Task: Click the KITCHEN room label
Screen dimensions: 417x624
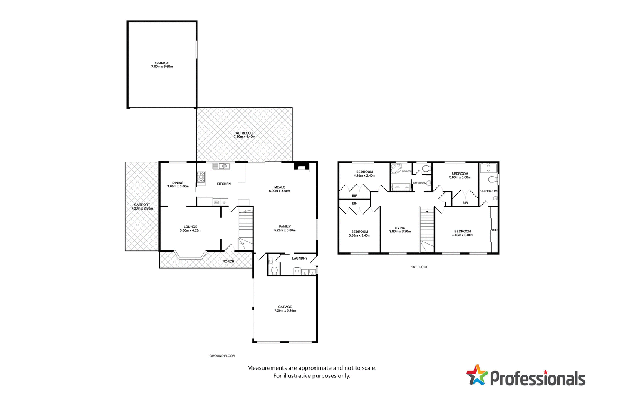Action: [223, 184]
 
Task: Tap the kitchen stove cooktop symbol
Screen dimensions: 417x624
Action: [201, 178]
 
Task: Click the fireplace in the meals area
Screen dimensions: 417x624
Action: [302, 167]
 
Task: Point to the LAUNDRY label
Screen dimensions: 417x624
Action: [300, 258]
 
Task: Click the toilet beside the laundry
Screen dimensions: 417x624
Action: [274, 270]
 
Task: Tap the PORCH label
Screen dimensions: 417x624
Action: [228, 262]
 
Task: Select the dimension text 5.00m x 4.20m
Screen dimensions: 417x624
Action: [191, 230]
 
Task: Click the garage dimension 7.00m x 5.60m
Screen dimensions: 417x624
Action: [162, 67]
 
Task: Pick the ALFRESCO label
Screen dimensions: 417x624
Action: [244, 133]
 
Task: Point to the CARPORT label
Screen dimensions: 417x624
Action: [142, 205]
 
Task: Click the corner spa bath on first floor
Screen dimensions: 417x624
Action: [396, 169]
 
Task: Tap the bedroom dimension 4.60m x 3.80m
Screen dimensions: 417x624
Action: [463, 235]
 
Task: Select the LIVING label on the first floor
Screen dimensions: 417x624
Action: [400, 228]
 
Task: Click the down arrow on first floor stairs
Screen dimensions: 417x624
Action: [427, 211]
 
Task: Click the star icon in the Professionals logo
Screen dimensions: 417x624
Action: [477, 375]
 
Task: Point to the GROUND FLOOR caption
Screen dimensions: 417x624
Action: [222, 356]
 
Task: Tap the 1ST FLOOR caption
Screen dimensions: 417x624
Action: [419, 267]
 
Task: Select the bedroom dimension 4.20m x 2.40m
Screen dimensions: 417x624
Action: [364, 175]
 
